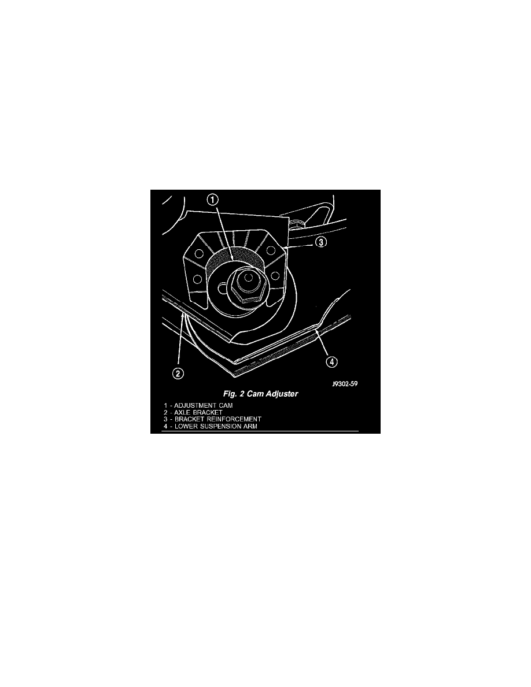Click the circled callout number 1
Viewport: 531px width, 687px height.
[x=212, y=200]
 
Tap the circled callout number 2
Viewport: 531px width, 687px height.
[x=178, y=374]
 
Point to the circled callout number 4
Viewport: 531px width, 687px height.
[x=331, y=362]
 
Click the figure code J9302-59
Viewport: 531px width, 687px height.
[x=345, y=384]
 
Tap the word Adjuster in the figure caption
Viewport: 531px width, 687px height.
[x=281, y=394]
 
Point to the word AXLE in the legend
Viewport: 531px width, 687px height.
[x=183, y=412]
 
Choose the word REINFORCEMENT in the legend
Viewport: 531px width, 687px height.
[x=234, y=419]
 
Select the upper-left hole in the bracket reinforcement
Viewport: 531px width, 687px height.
[x=199, y=254]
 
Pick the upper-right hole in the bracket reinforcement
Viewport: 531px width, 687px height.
[x=272, y=250]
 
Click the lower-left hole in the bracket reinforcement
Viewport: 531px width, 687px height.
[x=197, y=279]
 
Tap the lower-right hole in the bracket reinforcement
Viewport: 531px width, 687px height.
[x=275, y=275]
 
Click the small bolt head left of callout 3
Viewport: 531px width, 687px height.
[x=296, y=225]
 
